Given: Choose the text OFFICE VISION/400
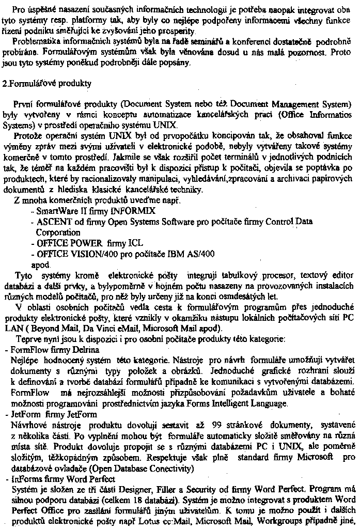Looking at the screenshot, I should [70, 254].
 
